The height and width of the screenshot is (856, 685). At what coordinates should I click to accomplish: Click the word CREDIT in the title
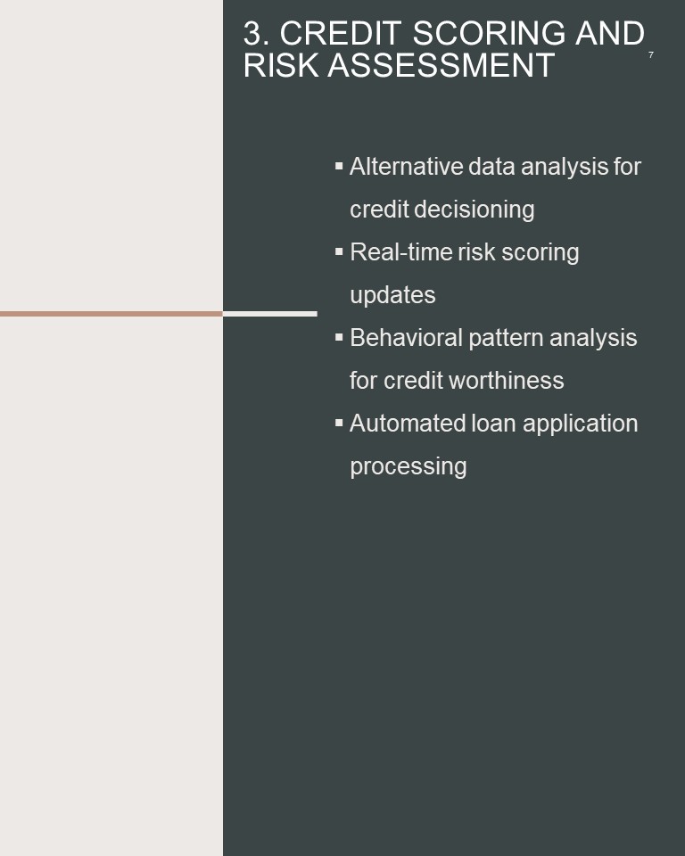click(341, 33)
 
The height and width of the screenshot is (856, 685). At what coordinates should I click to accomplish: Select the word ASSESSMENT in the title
click(441, 65)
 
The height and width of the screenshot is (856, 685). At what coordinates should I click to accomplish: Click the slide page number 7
click(650, 54)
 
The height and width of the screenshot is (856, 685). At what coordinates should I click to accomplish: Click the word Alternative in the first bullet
click(406, 167)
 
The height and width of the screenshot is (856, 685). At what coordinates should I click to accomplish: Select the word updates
click(392, 295)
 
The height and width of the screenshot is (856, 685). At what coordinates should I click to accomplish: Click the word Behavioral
click(407, 338)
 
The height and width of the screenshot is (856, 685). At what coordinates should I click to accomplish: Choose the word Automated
click(407, 424)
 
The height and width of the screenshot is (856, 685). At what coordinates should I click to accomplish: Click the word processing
click(408, 467)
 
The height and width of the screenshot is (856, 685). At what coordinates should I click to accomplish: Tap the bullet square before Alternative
click(339, 166)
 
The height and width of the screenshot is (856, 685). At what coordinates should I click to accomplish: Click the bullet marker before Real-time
click(339, 251)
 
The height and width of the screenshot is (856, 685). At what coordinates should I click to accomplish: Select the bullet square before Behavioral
click(339, 337)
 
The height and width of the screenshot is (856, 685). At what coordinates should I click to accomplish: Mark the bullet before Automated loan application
click(339, 423)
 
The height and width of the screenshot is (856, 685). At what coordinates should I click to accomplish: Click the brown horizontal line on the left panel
click(111, 314)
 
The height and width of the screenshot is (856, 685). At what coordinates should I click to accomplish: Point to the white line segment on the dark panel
click(270, 314)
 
